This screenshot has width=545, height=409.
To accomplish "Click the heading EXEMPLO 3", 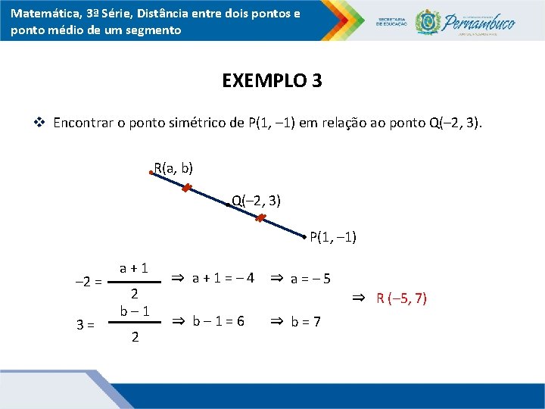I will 272,80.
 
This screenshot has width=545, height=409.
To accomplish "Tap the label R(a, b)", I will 173,167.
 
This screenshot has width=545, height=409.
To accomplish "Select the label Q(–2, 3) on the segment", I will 257,200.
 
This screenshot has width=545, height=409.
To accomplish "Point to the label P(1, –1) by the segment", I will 333,237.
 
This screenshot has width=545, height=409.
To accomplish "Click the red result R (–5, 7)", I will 401,298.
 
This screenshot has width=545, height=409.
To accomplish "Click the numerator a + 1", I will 133,267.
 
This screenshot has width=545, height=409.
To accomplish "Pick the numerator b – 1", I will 134,311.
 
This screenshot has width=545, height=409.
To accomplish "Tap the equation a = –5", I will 310,278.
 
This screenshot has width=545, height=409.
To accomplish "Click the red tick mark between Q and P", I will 260,219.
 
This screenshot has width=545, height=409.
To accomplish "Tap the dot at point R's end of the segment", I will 151,173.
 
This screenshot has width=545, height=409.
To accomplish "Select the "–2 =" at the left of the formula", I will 88,283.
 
